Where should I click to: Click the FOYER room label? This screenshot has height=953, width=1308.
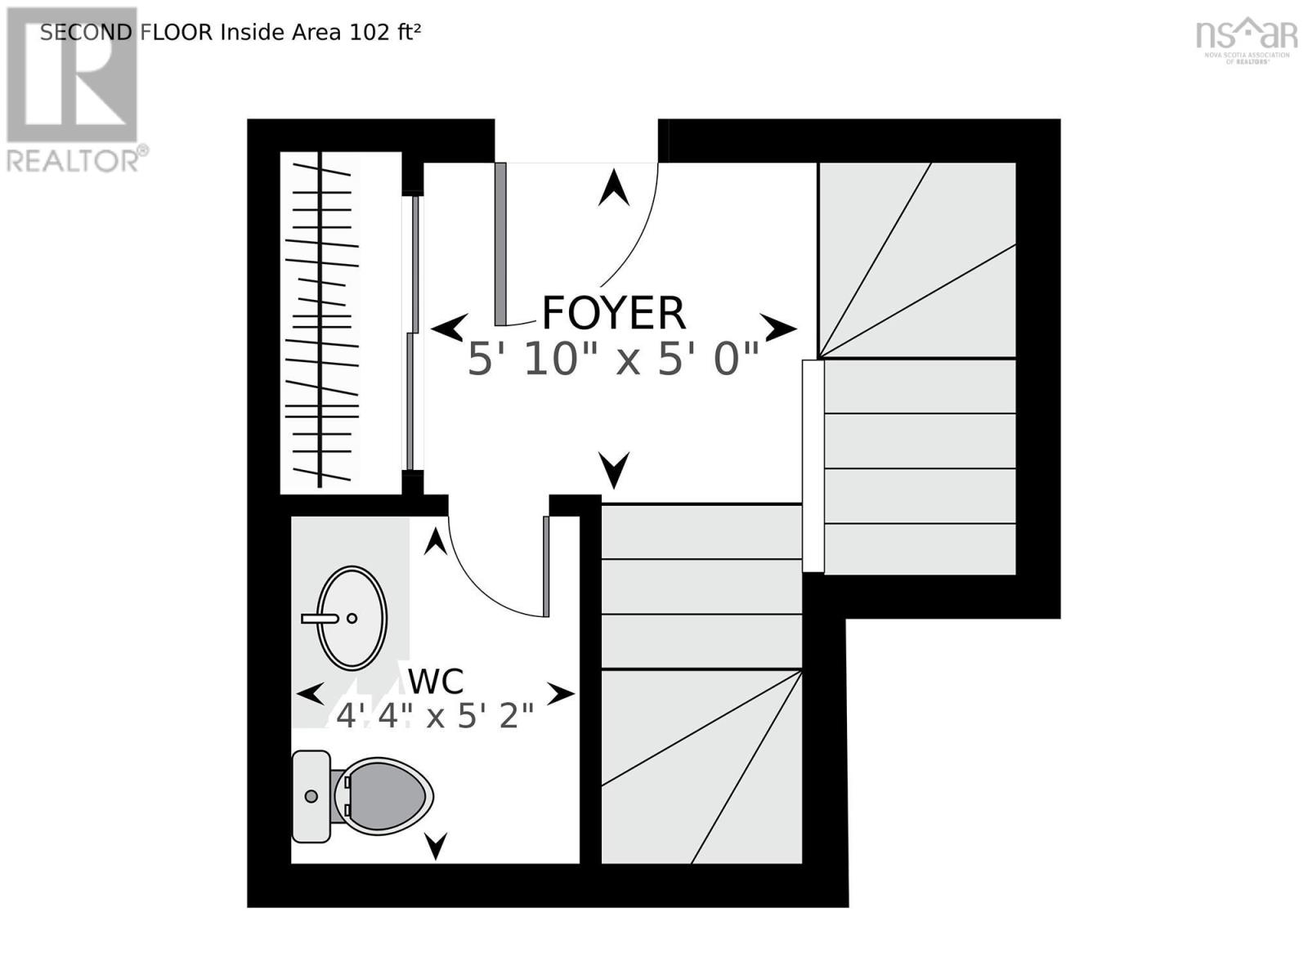point(613,313)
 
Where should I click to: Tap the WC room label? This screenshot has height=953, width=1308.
point(436,681)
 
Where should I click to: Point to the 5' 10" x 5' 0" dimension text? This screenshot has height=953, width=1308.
point(613,359)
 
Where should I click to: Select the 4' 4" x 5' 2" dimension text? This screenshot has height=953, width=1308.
point(435,717)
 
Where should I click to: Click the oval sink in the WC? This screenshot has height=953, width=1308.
point(352,618)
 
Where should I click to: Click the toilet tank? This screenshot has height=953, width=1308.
point(311,796)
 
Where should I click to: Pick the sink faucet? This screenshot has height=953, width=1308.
point(320,619)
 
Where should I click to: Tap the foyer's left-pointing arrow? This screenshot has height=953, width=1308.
point(449,329)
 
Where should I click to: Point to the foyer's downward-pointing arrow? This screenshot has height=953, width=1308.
point(614,470)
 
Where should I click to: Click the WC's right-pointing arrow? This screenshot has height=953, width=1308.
point(560,694)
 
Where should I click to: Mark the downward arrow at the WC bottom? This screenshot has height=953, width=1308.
point(436,845)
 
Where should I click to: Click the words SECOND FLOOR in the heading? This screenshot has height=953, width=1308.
point(126,32)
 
